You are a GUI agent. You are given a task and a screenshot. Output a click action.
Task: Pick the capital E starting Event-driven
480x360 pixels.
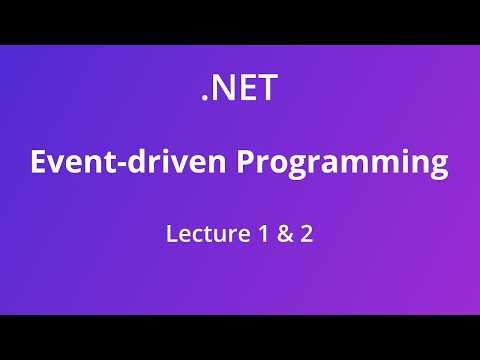tap(39, 162)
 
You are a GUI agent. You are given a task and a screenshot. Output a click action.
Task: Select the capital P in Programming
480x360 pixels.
tap(245, 162)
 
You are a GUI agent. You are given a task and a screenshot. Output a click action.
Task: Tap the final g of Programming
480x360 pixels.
tap(437, 167)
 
